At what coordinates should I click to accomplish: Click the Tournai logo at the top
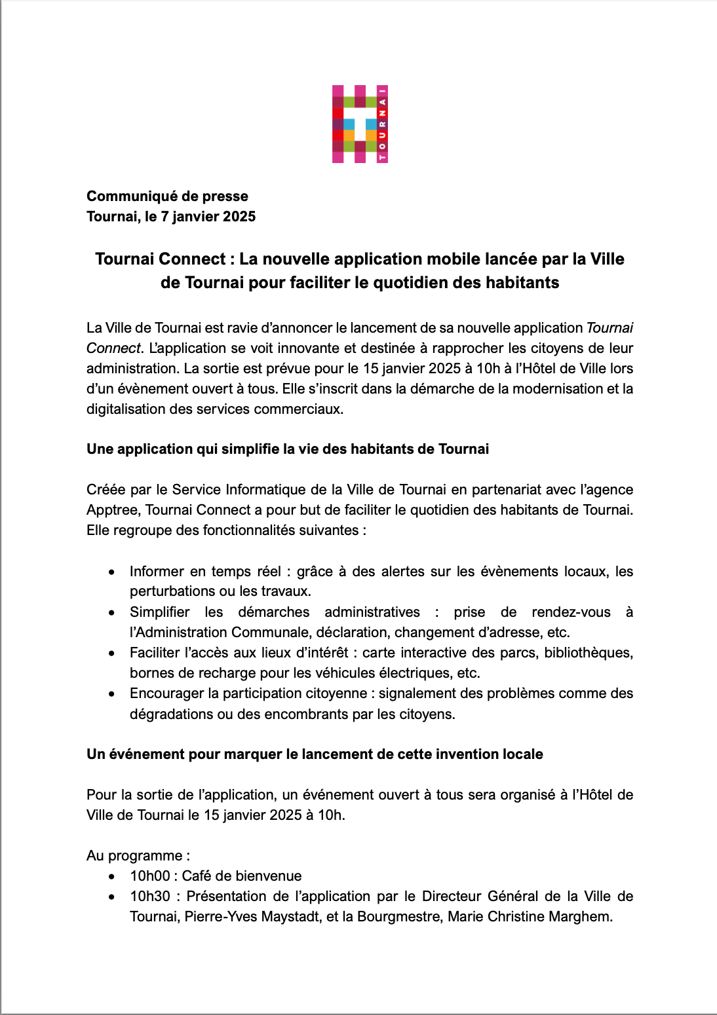click(x=360, y=124)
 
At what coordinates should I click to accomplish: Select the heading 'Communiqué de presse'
click(x=167, y=196)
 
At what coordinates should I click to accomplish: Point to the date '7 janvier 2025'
click(x=208, y=217)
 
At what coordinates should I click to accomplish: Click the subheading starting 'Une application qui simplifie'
click(x=288, y=449)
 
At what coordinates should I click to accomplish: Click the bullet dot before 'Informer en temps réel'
click(x=113, y=572)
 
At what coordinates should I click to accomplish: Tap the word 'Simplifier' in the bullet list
click(x=159, y=612)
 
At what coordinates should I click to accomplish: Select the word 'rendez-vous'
click(x=571, y=612)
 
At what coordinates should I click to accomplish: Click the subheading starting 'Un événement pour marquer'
click(x=315, y=754)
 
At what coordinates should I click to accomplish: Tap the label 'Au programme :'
click(x=138, y=856)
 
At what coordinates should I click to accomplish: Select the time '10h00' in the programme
click(x=150, y=876)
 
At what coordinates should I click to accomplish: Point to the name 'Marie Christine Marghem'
click(x=530, y=917)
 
